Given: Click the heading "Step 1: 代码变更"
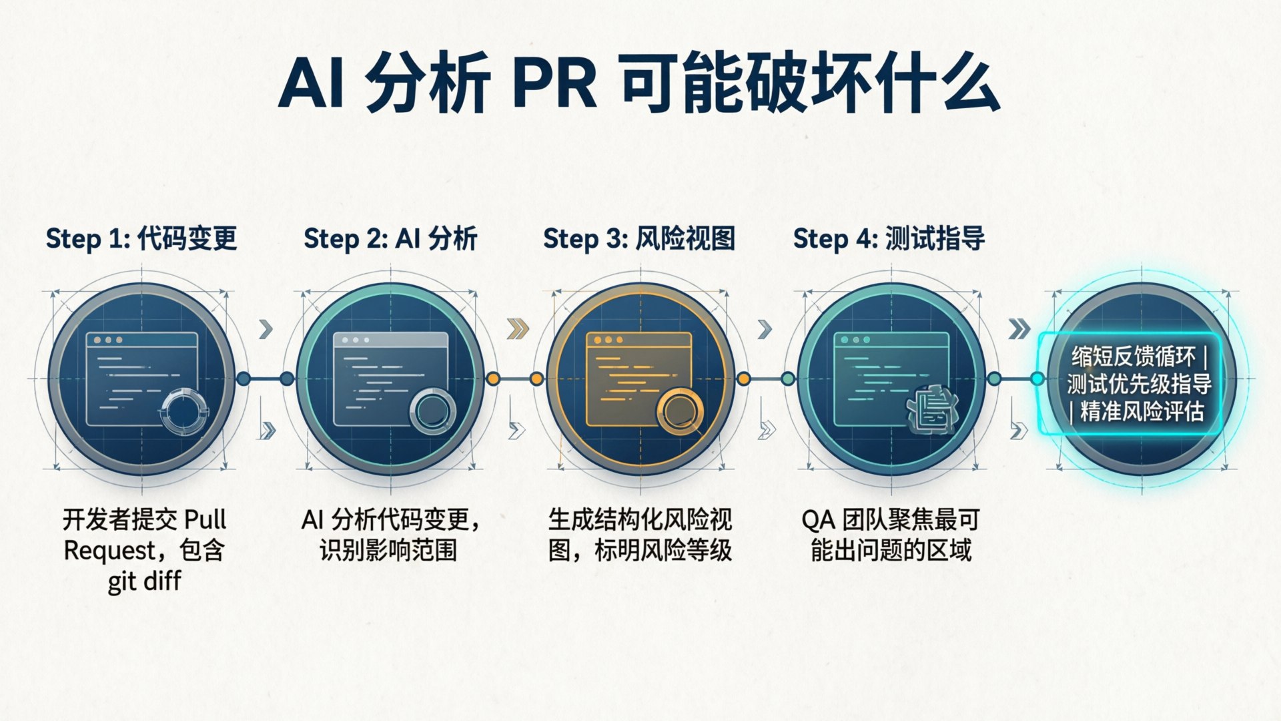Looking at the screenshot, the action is (141, 239).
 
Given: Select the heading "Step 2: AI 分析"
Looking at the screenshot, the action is (390, 239).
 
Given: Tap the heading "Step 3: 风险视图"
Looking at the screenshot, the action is (639, 239).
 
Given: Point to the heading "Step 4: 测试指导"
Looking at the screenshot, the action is (889, 239).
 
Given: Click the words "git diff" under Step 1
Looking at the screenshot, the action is (144, 581).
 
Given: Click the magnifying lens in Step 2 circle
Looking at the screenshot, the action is (432, 411).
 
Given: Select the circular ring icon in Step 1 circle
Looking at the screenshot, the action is (184, 409).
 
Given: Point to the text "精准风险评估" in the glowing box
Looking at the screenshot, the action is (1142, 411).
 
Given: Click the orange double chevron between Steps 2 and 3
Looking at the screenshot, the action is (518, 328).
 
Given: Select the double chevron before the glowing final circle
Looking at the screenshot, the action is (1019, 329).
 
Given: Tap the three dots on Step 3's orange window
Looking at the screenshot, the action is (608, 340).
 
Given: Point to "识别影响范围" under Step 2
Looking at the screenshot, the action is (388, 551).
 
